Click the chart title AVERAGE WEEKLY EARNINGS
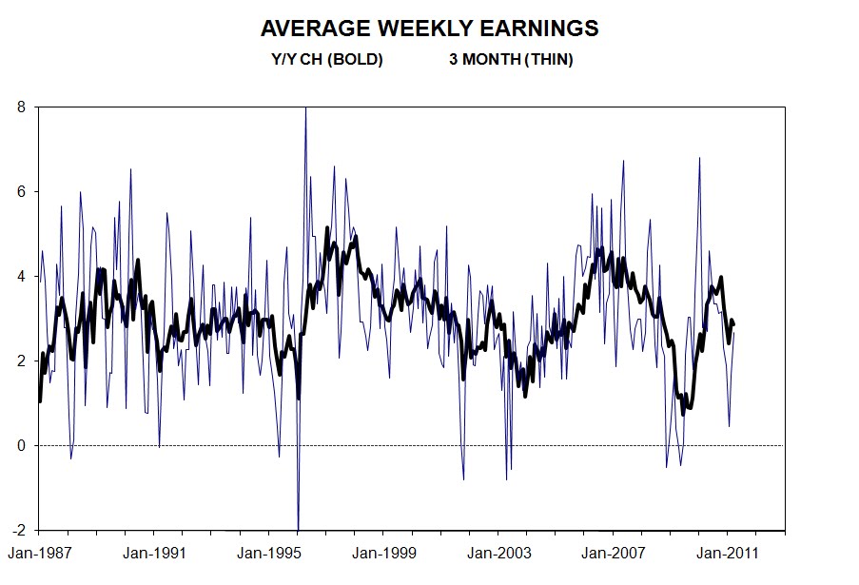click(x=429, y=29)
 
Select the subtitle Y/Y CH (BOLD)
click(x=326, y=60)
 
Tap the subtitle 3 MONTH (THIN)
click(x=511, y=60)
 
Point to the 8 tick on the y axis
click(x=22, y=107)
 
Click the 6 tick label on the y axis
click(x=22, y=191)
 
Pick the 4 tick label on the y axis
click(x=22, y=276)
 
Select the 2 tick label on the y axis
click(x=22, y=361)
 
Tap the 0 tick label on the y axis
click(x=22, y=445)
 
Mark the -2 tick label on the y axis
click(x=19, y=530)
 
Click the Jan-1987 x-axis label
click(x=39, y=552)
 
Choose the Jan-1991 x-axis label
click(x=154, y=552)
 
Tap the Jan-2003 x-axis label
click(x=499, y=552)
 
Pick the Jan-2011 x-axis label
click(x=728, y=552)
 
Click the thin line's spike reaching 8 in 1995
click(x=305, y=109)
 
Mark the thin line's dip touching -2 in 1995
click(x=299, y=527)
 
